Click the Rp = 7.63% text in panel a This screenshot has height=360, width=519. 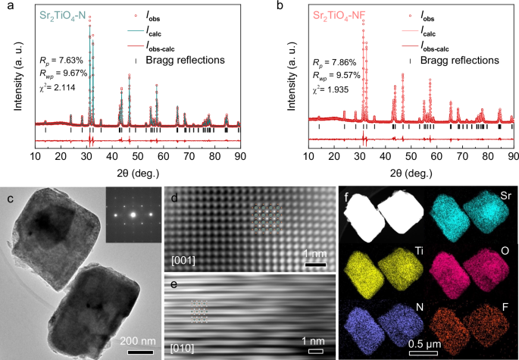coord(63,61)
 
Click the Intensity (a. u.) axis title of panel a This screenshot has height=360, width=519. coord(11,76)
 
